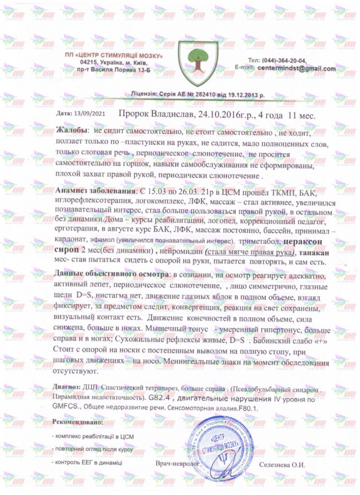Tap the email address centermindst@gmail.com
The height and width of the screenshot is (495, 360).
coord(297,69)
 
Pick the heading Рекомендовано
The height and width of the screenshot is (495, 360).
coord(77,422)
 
